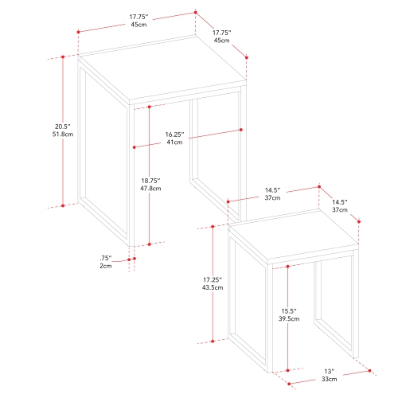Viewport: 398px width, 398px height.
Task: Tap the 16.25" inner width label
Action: point(174,134)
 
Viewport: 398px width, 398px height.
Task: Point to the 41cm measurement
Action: point(174,142)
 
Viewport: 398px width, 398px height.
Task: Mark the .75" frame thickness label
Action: point(106,258)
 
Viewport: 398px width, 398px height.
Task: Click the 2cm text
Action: point(106,267)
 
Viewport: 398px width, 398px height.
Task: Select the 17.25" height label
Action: point(213,279)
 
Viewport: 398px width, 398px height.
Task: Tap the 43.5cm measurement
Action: point(213,288)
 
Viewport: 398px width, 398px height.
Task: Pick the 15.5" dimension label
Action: point(288,310)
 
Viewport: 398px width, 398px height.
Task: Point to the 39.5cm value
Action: point(288,319)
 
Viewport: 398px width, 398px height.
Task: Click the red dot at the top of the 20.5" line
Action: point(63,57)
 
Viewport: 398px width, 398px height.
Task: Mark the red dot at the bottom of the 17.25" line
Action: point(213,341)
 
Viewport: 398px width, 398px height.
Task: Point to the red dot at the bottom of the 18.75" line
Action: point(149,243)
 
